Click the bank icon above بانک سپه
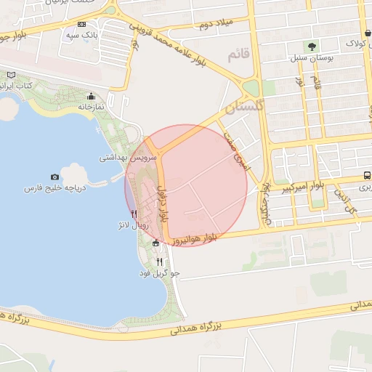[81, 24]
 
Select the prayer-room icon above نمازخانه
[91, 97]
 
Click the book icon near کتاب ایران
[10, 75]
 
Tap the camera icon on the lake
[54, 177]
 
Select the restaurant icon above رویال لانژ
[134, 214]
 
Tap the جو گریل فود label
[160, 273]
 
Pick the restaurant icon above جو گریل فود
[159, 262]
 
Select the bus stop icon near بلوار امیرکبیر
[367, 175]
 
